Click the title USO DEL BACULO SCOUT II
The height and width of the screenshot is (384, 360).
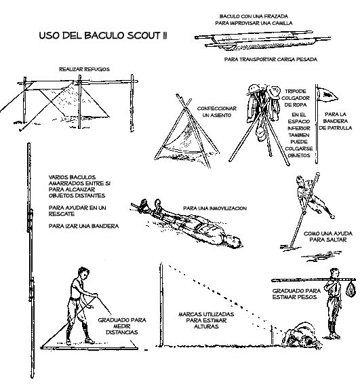pos(112,35)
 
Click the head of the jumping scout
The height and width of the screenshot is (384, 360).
pos(299,181)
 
